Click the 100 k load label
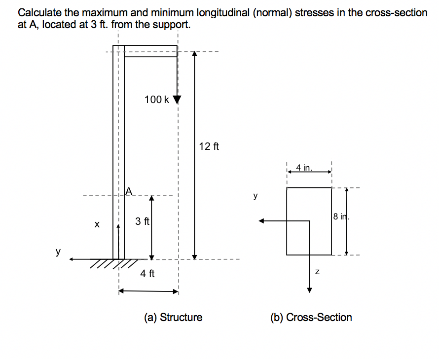coord(157,100)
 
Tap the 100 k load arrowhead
coord(177,100)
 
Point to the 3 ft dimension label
coord(142,221)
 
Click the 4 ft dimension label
coord(147,273)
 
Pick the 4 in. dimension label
coord(304,168)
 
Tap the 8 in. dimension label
coord(341,216)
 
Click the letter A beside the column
coord(129,190)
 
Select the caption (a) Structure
coord(173,317)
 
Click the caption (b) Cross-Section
coord(311,317)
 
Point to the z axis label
coord(318,271)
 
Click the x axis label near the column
coord(97,224)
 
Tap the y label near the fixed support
coord(58,252)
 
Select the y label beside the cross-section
coord(256,196)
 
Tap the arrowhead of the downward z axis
coord(309,289)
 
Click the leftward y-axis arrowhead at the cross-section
coord(264,221)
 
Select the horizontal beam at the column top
coord(150,51)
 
